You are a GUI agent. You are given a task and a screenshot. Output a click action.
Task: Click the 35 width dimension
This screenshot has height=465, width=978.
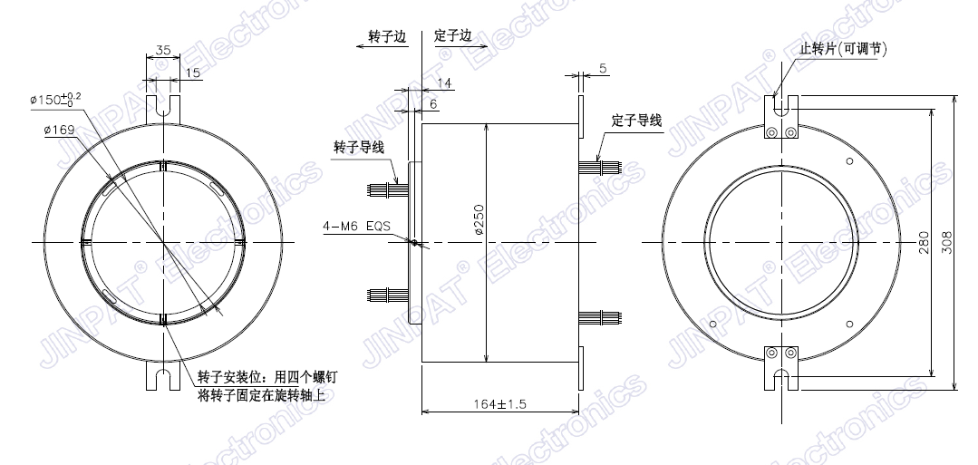pos(163,49)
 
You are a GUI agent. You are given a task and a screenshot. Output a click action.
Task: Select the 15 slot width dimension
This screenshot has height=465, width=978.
pos(193,73)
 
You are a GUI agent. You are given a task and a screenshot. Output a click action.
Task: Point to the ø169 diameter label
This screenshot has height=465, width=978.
pos(60,130)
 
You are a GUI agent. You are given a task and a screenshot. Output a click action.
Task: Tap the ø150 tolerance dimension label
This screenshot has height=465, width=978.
pos(55,99)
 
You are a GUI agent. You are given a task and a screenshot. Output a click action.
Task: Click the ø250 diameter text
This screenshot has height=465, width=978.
pos(479,220)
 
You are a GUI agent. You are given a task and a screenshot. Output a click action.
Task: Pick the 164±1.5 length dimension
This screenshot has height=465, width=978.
pos(499,404)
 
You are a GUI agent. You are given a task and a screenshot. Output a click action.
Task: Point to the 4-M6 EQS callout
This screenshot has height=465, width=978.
pos(357,226)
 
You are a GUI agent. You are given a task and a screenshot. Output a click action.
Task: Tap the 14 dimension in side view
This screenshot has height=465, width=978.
pos(444,83)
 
